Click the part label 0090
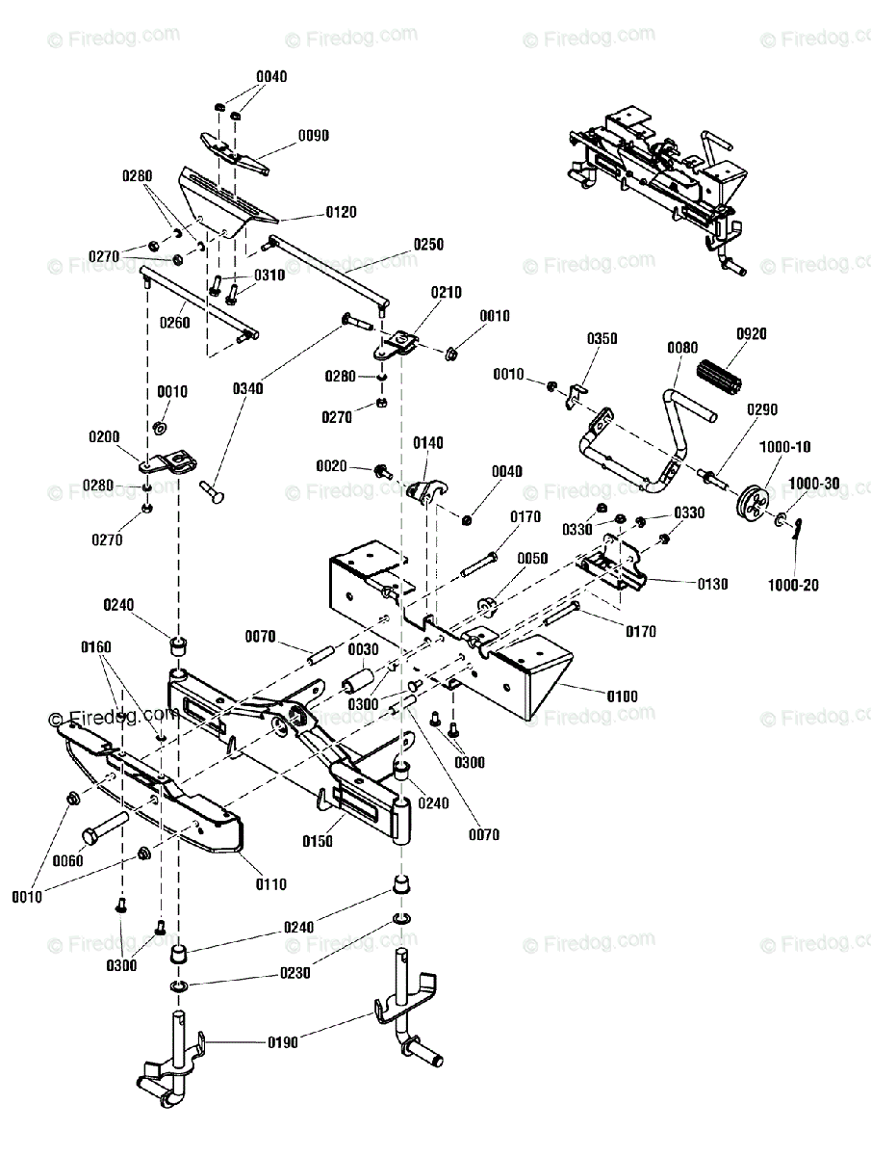tap(314, 136)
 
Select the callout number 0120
tap(342, 212)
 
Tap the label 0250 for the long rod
tap(428, 245)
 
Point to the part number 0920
tap(752, 334)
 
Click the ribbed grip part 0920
tap(720, 377)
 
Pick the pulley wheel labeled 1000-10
tap(753, 502)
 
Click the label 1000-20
tap(793, 585)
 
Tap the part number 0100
tap(623, 696)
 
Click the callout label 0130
tap(713, 584)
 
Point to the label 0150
tap(318, 841)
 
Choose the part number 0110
tap(271, 884)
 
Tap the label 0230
tap(295, 973)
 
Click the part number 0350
tap(602, 339)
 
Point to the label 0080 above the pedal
tap(682, 348)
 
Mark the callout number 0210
tap(447, 292)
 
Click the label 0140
tap(428, 443)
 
